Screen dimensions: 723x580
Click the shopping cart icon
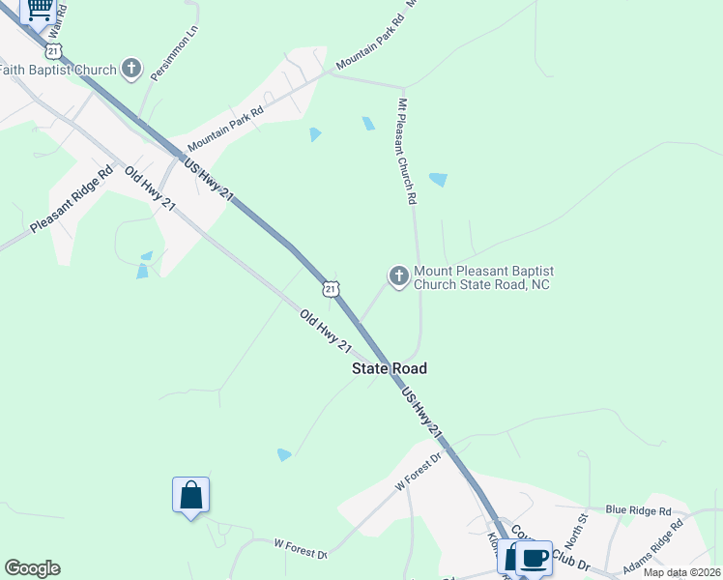39,8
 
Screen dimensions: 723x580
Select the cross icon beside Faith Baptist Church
131,69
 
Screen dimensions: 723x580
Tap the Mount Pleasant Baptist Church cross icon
398,277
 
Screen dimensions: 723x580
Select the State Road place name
389,368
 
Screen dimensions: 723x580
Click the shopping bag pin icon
191,496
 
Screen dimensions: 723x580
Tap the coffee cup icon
534,558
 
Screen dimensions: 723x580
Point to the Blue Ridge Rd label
638,510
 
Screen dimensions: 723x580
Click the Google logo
32,568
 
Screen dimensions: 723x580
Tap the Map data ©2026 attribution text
681,572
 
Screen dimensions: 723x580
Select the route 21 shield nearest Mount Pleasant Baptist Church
332,289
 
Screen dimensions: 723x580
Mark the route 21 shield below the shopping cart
54,50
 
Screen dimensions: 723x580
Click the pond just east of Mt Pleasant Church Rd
438,180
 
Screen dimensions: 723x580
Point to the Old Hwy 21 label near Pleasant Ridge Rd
150,189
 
